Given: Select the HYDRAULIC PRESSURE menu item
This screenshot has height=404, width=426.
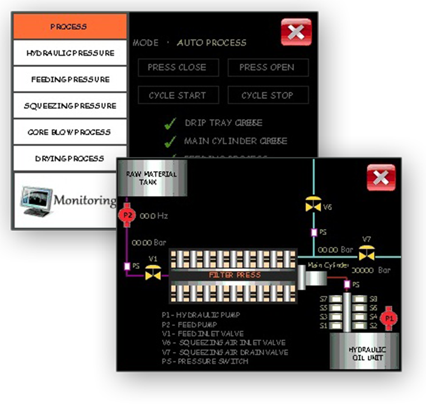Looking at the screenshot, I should pyautogui.click(x=70, y=53).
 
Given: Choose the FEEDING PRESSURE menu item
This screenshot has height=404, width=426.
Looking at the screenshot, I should pyautogui.click(x=70, y=79).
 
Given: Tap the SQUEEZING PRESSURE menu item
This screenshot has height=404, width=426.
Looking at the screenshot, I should pyautogui.click(x=70, y=106).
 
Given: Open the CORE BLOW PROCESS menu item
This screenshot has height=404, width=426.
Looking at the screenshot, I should pyautogui.click(x=70, y=132).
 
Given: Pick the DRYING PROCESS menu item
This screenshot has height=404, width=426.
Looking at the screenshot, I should pyautogui.click(x=70, y=159).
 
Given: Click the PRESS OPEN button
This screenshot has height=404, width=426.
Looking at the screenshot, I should pyautogui.click(x=267, y=68).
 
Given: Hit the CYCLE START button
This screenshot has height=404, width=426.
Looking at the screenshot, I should pyautogui.click(x=177, y=96).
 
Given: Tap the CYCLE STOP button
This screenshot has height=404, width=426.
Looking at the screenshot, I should pyautogui.click(x=267, y=96).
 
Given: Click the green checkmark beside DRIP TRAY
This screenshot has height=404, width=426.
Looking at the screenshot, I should pyautogui.click(x=171, y=123).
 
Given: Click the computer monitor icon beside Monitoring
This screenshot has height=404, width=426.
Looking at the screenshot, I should pyautogui.click(x=36, y=199).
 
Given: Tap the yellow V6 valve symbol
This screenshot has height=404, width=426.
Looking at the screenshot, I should pyautogui.click(x=313, y=206).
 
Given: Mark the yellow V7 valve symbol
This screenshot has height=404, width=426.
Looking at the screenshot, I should pyautogui.click(x=367, y=253).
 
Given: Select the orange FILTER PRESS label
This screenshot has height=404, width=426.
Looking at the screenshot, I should pyautogui.click(x=235, y=275).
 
